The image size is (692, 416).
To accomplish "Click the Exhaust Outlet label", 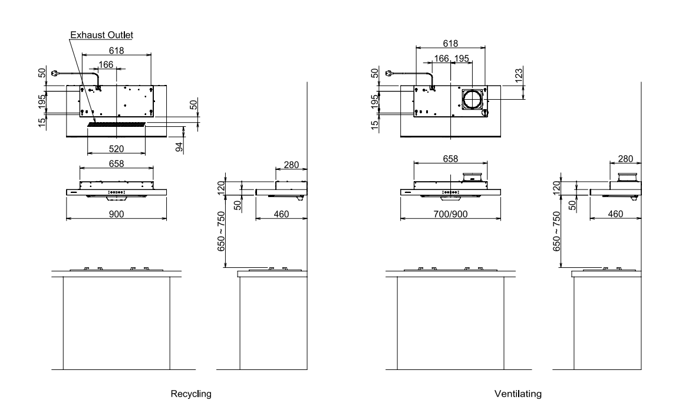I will [x=101, y=35].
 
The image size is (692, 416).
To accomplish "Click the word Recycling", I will [x=190, y=393].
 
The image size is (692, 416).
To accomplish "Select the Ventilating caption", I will [x=518, y=393].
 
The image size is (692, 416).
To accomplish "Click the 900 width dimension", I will [x=116, y=213].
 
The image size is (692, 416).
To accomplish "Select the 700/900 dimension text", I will [x=450, y=213].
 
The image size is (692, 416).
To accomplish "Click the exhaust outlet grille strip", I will [x=116, y=125].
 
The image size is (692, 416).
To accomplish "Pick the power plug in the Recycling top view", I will [x=57, y=74].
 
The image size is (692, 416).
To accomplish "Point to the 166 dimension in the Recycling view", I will [x=106, y=64].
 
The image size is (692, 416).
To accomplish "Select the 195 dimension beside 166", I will [x=462, y=58].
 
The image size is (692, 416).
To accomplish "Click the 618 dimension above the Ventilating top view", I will [x=450, y=44].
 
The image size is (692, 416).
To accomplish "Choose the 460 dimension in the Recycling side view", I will [x=282, y=213].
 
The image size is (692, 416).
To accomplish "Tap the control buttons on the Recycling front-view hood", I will [x=116, y=192].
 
